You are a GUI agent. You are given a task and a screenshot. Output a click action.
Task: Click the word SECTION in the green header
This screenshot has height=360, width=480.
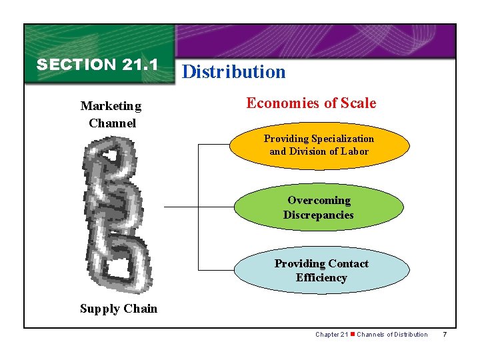tap(76, 65)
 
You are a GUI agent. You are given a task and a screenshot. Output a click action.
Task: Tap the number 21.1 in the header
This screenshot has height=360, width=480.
tap(140, 65)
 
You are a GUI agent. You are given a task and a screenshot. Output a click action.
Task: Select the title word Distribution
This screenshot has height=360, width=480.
tap(233, 72)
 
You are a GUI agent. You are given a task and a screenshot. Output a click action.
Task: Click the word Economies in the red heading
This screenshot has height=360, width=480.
tap(279, 103)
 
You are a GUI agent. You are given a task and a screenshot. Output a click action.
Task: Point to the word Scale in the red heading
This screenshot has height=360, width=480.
tap(358, 103)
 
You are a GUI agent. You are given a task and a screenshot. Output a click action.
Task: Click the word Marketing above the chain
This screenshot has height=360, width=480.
tap(111, 106)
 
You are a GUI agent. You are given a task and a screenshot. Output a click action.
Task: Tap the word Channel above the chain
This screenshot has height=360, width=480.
tap(112, 123)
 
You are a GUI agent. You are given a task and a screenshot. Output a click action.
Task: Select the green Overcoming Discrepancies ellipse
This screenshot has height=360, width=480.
tap(319, 207)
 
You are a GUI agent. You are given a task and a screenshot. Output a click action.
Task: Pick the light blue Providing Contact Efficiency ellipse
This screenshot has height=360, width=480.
tap(321, 270)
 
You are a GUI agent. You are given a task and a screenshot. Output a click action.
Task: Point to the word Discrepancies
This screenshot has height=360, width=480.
tap(318, 215)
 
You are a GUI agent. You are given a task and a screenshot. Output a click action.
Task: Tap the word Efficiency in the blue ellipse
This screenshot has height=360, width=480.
tap(321, 277)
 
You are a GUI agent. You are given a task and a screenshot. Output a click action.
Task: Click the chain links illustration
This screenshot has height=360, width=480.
tap(113, 213)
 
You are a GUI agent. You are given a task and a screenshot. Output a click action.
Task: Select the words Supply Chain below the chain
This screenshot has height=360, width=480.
tap(119, 308)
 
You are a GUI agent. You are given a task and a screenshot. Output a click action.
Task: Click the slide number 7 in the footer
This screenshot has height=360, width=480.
tap(445, 334)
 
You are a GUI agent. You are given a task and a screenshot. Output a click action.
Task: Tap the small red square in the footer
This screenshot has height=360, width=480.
tap(353, 334)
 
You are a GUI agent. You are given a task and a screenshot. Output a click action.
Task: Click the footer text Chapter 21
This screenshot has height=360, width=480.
tap(331, 334)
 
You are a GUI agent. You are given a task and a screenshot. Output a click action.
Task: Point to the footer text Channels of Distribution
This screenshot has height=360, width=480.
tap(392, 334)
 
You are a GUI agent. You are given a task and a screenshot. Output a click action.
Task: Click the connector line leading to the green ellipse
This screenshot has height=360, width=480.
tap(198, 207)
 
